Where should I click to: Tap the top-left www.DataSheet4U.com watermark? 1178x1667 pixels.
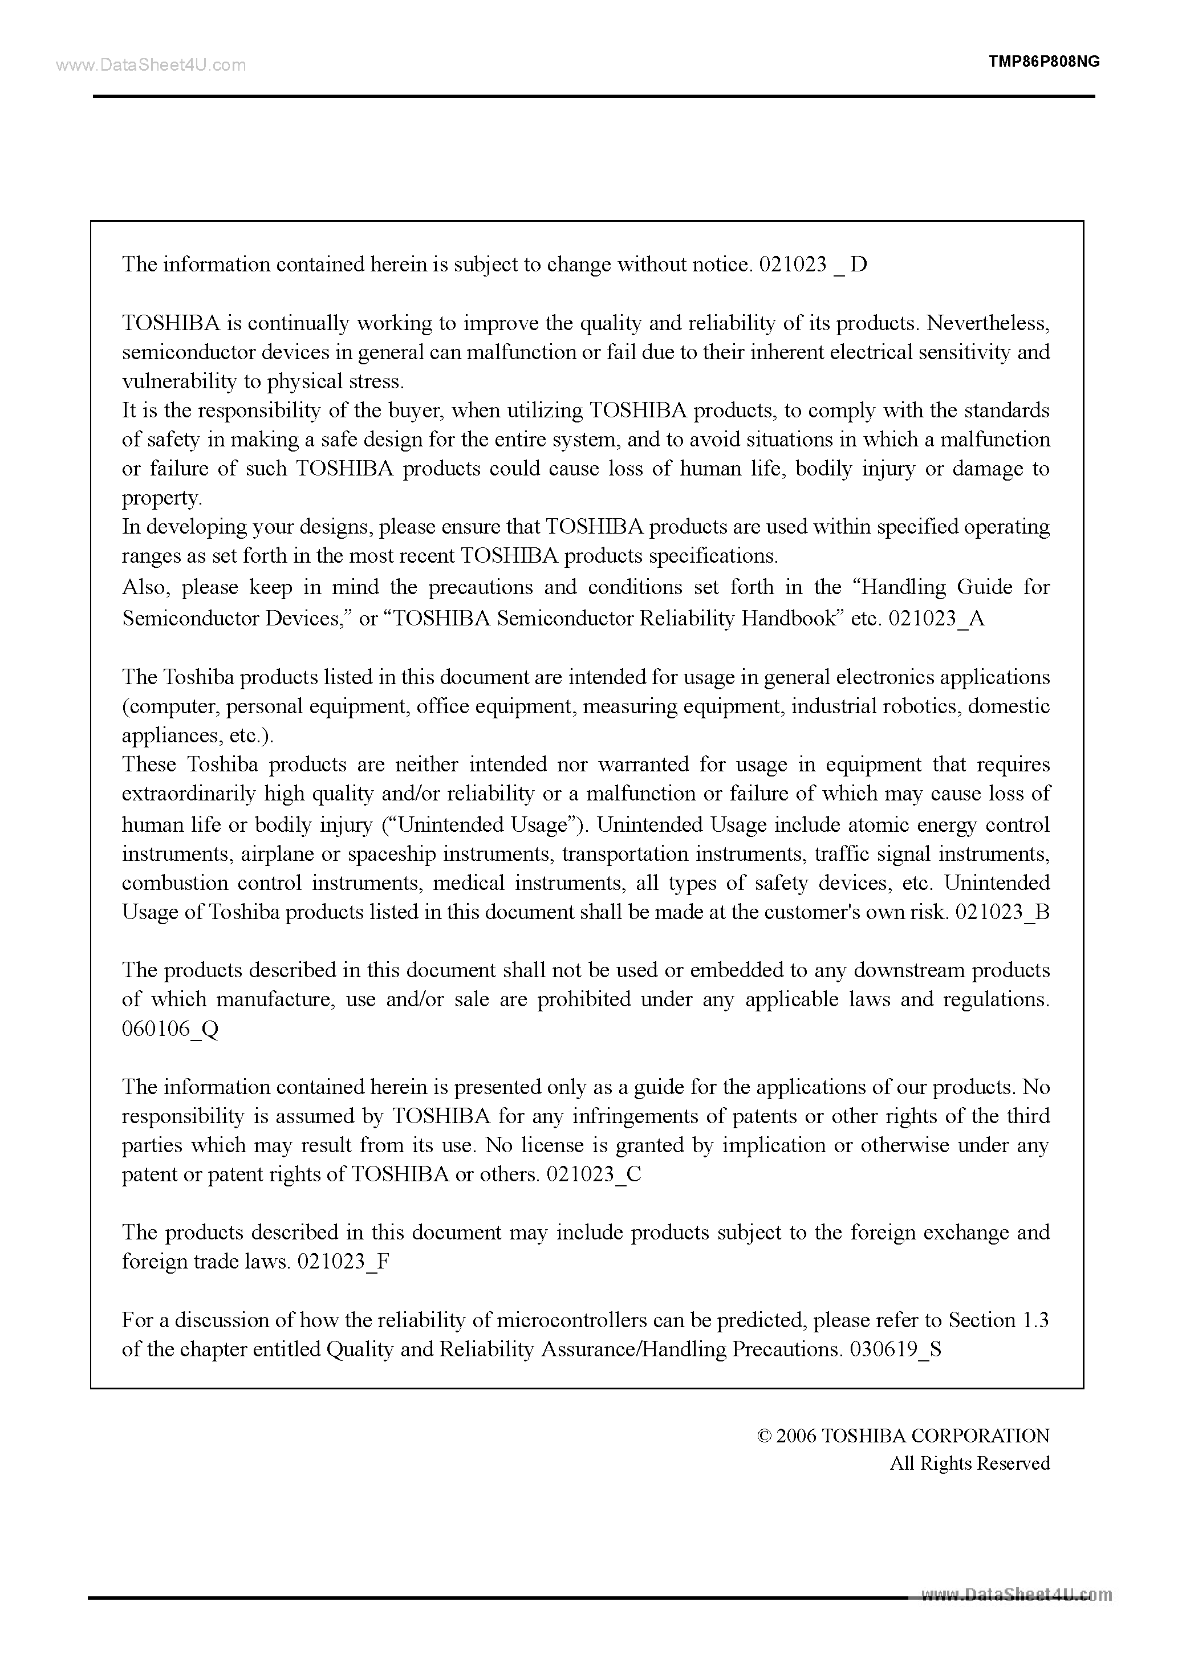pos(151,66)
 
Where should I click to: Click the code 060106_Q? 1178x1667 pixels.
pos(170,1029)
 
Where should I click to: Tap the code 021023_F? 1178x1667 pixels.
pos(343,1261)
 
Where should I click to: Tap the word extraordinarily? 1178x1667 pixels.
pos(189,794)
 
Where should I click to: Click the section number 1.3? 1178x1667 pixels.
pos(1035,1320)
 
